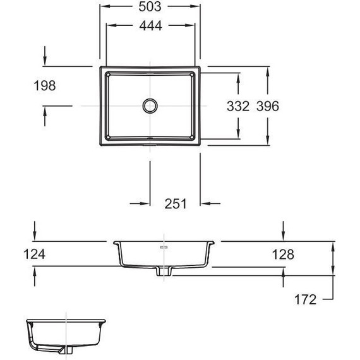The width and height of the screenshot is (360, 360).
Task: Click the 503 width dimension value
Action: tap(150, 7)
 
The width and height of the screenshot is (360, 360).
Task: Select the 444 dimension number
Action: tap(150, 25)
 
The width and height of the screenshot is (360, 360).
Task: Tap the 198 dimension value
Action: tap(45, 86)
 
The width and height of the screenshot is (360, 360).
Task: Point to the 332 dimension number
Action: tap(238, 106)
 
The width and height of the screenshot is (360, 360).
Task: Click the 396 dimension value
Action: tap(268, 106)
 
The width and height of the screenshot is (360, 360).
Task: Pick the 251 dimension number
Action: tap(176, 203)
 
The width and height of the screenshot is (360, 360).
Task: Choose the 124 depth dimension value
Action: tap(35, 254)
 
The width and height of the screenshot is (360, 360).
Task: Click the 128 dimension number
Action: tap(283, 255)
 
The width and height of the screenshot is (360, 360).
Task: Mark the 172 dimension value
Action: tap(305, 299)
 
